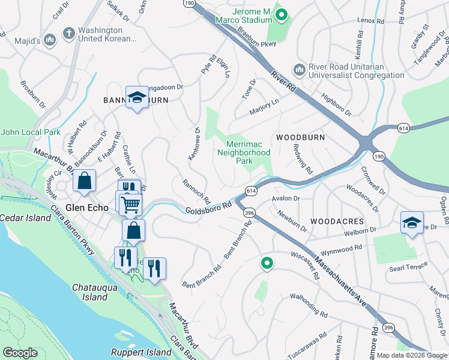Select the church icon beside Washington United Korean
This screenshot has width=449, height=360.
[x=69, y=32]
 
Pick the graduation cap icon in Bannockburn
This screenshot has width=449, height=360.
[x=137, y=98]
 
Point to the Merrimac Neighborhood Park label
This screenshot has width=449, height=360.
[x=249, y=152]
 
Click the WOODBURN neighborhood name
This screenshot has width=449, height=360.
[x=300, y=137]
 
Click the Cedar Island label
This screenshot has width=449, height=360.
[x=25, y=218]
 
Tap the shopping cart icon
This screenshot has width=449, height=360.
[x=130, y=205]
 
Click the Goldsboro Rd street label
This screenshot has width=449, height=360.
[x=208, y=208]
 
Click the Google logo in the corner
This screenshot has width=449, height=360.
[x=20, y=353]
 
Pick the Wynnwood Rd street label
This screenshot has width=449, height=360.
[x=341, y=246]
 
